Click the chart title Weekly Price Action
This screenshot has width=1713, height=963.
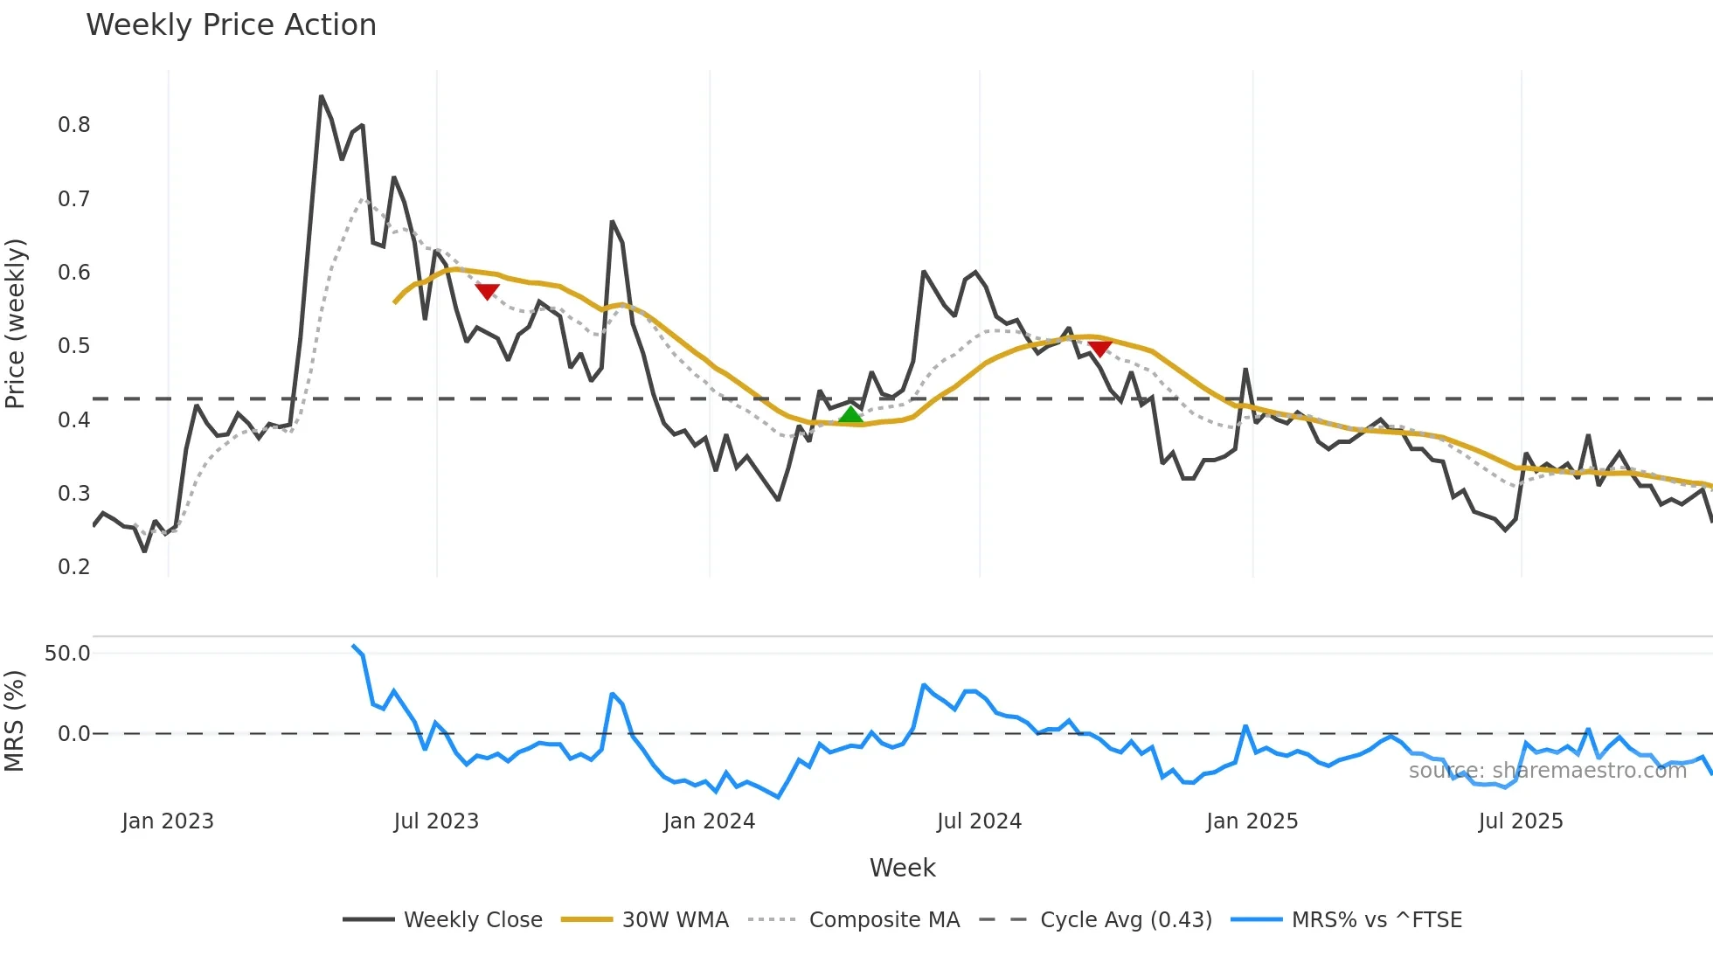pyautogui.click(x=231, y=25)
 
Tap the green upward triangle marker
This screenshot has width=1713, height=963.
pyautogui.click(x=850, y=414)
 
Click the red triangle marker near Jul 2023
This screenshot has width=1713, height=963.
pyautogui.click(x=487, y=291)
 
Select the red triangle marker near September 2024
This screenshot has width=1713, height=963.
pyautogui.click(x=1099, y=349)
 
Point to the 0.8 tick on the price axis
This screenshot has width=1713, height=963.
pyautogui.click(x=74, y=125)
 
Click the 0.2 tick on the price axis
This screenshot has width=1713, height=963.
pyautogui.click(x=74, y=567)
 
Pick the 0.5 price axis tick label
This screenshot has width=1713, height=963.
pyautogui.click(x=74, y=346)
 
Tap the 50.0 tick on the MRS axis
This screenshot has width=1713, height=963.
pyautogui.click(x=67, y=654)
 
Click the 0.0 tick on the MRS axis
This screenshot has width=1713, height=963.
pyautogui.click(x=73, y=734)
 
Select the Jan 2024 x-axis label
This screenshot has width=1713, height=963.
pyautogui.click(x=709, y=821)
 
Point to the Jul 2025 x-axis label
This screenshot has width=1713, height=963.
pyautogui.click(x=1520, y=821)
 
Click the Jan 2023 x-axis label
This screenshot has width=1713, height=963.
pyautogui.click(x=168, y=821)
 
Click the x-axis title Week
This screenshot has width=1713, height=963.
pyautogui.click(x=902, y=868)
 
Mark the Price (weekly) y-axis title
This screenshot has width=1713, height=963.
pyautogui.click(x=15, y=323)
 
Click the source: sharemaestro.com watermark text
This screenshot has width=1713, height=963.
pyautogui.click(x=1547, y=771)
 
